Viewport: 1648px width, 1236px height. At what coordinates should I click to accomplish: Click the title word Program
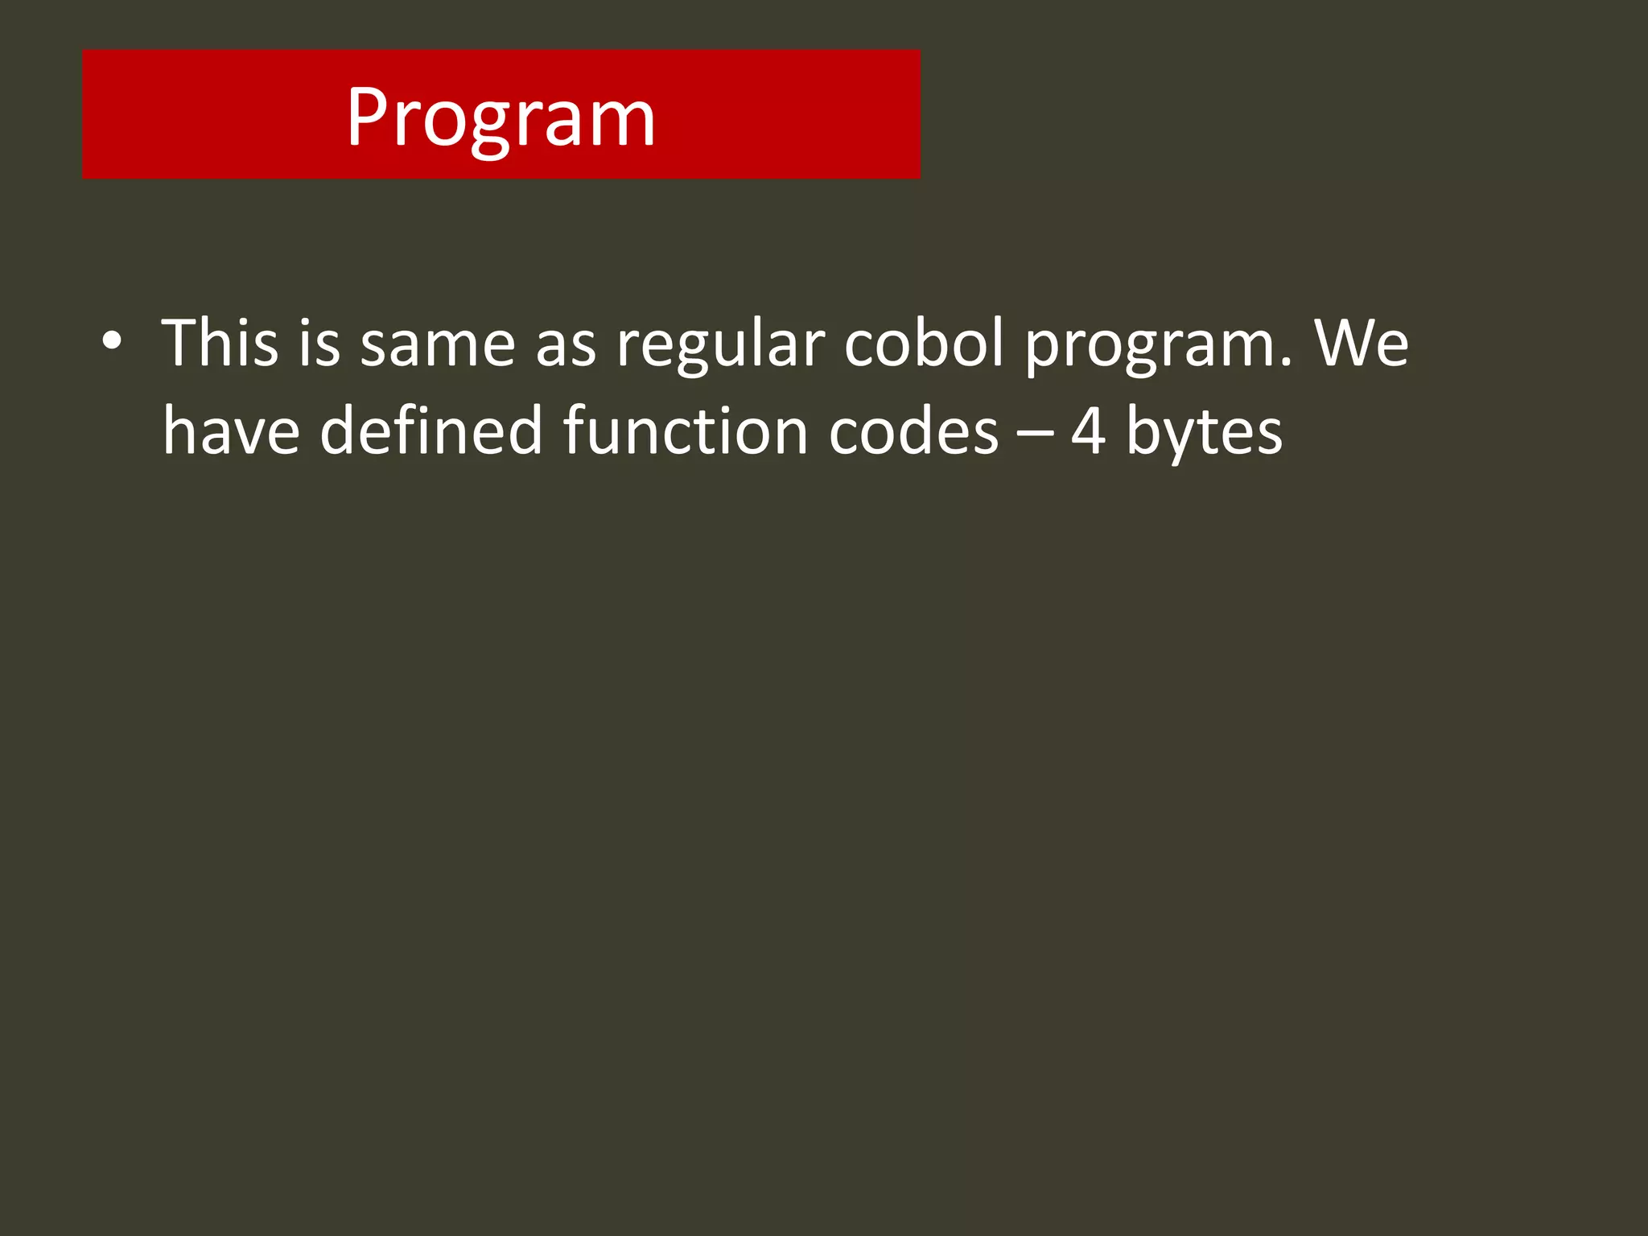tap(501, 117)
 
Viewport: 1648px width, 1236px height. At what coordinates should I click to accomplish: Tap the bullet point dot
tap(112, 341)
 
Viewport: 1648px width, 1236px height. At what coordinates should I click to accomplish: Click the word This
tap(220, 343)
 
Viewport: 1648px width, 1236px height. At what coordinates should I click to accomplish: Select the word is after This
tap(319, 343)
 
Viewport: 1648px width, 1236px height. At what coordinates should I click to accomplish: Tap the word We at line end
tap(1362, 343)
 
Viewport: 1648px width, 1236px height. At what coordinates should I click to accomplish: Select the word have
tap(232, 431)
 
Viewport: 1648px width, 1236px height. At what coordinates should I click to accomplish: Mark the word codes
tap(913, 431)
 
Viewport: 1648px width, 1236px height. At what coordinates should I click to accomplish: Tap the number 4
tap(1088, 431)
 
